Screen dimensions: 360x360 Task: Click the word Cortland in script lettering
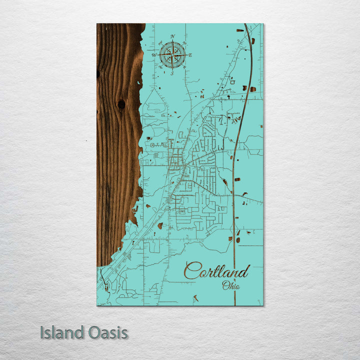216,271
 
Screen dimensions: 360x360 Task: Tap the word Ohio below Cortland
231,286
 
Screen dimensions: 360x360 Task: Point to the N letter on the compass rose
172,36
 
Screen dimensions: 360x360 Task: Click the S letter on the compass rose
172,73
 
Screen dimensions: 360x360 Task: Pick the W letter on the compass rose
154,55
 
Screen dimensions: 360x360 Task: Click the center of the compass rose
172,55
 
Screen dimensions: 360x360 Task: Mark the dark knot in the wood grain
121,104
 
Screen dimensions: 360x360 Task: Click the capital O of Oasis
92,332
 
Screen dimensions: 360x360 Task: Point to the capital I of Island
42,332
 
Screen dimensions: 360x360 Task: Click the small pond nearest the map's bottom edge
195,298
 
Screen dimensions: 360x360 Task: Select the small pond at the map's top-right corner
240,30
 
